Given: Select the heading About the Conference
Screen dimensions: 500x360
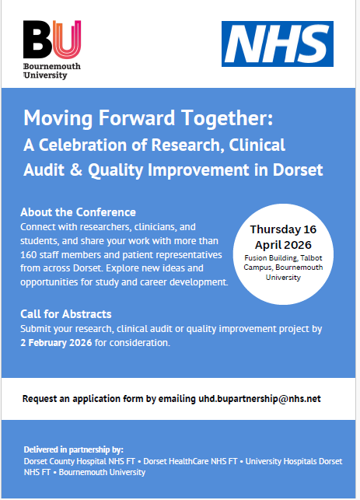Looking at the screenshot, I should (x=79, y=212).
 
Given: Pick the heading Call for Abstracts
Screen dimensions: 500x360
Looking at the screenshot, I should (x=65, y=314).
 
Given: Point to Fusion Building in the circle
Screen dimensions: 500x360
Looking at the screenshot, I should (x=265, y=257).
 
